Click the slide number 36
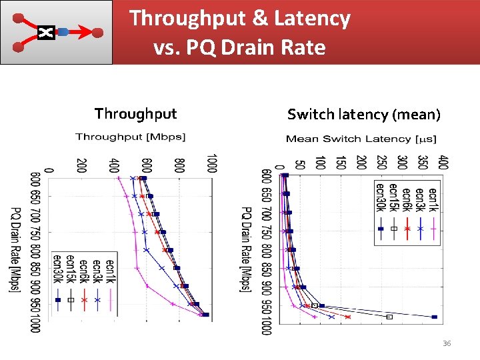coord(447,343)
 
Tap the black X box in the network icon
coord(45,32)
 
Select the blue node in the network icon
coord(63,32)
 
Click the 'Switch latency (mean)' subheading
coord(363,115)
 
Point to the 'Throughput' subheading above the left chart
coord(135,114)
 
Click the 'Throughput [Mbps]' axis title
coord(131,137)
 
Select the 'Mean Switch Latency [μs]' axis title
coord(361,139)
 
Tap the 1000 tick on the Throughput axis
coord(211,163)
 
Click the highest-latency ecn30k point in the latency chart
coord(434,317)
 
